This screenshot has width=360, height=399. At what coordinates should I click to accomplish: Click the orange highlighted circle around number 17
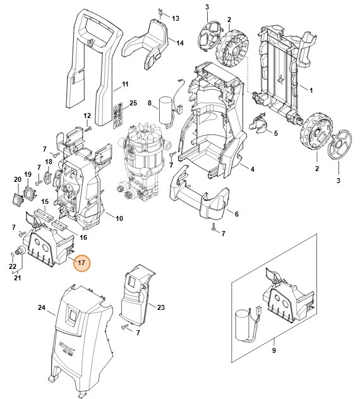[81, 263]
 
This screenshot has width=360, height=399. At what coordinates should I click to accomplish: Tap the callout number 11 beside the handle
[124, 85]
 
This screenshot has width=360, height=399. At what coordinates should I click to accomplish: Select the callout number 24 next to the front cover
[42, 308]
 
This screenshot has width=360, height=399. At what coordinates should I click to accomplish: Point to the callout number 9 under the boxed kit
[273, 350]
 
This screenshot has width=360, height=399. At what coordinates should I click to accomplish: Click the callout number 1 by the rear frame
[310, 90]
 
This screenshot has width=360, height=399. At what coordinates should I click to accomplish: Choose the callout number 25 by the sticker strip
[133, 103]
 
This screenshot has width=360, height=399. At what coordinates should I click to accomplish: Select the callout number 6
[236, 214]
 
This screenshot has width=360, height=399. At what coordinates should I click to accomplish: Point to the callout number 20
[18, 179]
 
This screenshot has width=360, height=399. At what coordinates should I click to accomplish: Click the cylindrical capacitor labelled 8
[165, 108]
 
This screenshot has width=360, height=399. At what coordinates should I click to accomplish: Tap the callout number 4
[252, 169]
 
